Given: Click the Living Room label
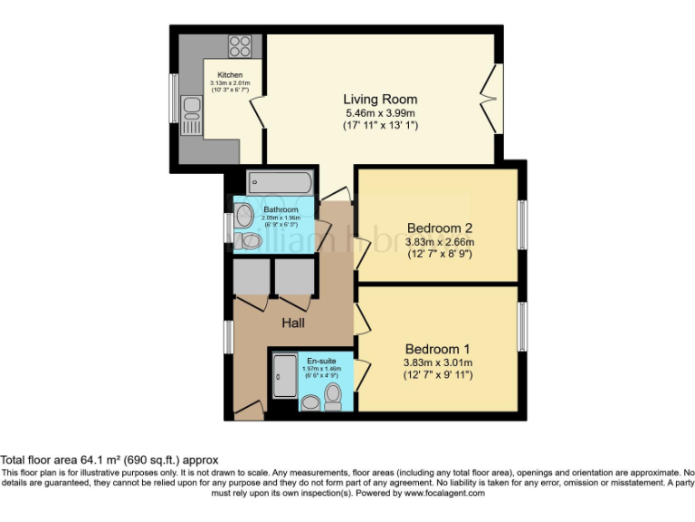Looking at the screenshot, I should [x=379, y=99].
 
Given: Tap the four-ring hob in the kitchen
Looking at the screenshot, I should [x=240, y=46].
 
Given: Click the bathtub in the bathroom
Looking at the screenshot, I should [x=280, y=182].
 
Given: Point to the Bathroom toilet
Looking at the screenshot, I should [x=249, y=240].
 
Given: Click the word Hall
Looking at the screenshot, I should [x=291, y=323].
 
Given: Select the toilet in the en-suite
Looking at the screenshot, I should [x=332, y=395].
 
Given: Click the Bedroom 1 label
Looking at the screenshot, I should [x=437, y=349].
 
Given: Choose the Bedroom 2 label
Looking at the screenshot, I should [x=439, y=227].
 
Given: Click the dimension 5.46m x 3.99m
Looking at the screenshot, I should [x=379, y=113].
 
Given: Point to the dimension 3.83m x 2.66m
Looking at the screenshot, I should [x=439, y=242].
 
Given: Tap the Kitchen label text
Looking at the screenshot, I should [x=230, y=75].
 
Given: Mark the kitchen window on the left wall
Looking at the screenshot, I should [x=174, y=98].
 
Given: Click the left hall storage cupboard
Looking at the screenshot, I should [x=252, y=278].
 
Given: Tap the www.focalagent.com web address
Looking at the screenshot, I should [x=444, y=494].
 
